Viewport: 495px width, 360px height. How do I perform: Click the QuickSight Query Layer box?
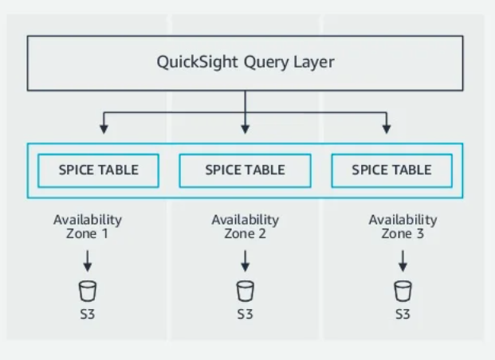coord(245,63)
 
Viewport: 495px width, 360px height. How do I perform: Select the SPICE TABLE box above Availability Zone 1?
coord(99,170)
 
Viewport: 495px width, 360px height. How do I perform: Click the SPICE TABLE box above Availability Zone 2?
coord(245,170)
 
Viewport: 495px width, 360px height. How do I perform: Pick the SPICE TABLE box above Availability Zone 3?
coord(391,170)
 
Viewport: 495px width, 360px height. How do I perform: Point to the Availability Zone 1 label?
coord(88,226)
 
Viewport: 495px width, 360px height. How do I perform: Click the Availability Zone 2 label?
coord(245,226)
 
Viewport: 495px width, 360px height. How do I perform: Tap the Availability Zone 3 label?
coord(403,226)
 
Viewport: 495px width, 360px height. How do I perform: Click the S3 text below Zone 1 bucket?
coord(88,314)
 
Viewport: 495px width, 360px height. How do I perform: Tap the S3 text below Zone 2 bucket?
coord(245,314)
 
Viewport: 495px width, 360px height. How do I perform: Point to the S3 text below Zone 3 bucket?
coord(403,314)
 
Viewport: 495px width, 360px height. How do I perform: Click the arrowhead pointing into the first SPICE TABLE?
coord(103,127)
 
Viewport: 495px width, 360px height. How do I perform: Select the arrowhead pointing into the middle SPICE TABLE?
coord(245,127)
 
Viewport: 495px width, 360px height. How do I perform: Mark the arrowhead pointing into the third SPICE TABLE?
coord(387,127)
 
